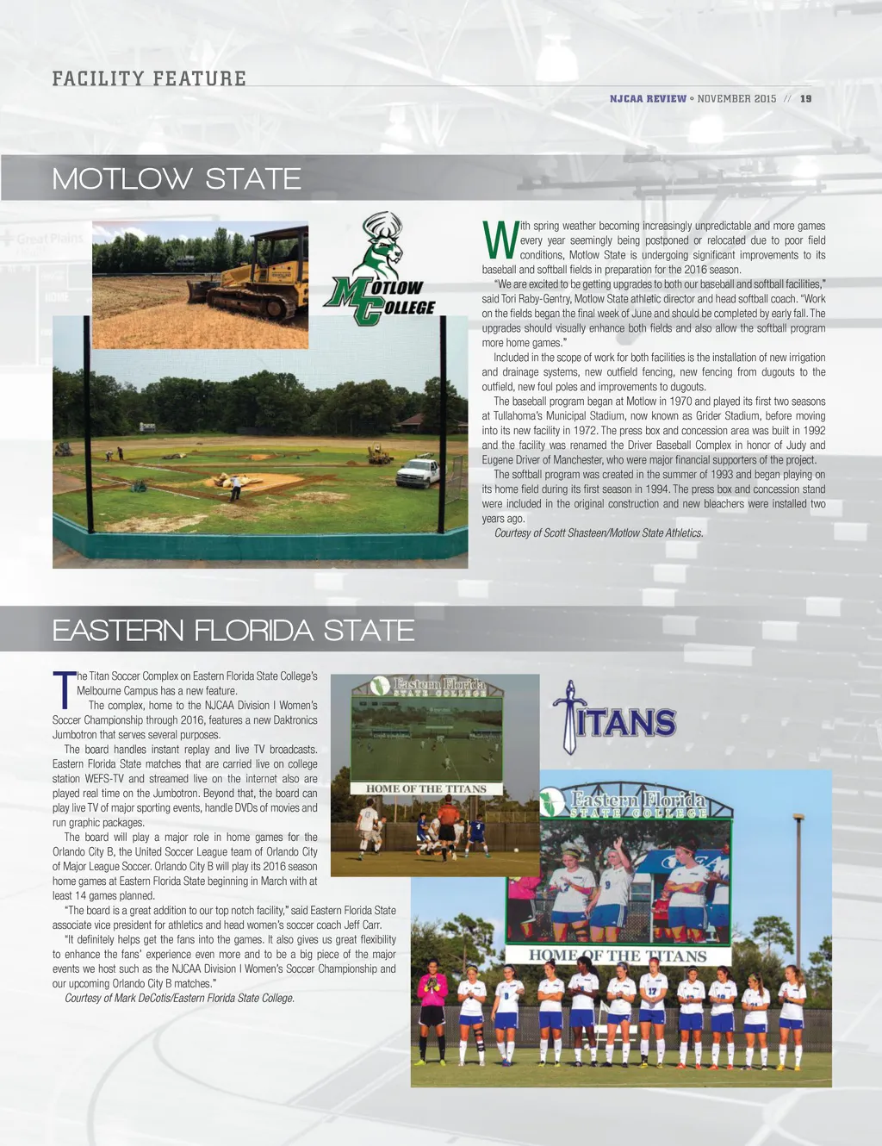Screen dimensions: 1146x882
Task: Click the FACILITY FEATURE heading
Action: (x=149, y=78)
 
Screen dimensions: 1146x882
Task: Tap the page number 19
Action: (x=805, y=99)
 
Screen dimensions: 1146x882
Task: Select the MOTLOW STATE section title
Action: (x=177, y=179)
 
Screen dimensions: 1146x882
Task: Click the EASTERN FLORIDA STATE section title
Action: (x=233, y=631)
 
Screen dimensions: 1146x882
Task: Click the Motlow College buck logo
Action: (x=380, y=268)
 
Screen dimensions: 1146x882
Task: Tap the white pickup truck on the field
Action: (x=418, y=472)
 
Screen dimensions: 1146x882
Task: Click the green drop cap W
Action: (x=500, y=240)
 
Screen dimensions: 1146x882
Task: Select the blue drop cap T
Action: (x=64, y=689)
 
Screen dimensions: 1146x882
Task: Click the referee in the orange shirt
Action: (x=447, y=823)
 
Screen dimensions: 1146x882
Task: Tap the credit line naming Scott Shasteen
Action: (x=599, y=533)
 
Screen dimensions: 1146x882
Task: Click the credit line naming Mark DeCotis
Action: (x=179, y=998)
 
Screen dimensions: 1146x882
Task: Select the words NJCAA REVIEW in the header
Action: (x=648, y=99)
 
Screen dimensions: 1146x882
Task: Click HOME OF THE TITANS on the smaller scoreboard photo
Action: (x=426, y=788)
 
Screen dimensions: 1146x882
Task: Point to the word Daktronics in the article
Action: (x=289, y=720)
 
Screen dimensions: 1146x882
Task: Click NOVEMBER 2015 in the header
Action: (x=736, y=99)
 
